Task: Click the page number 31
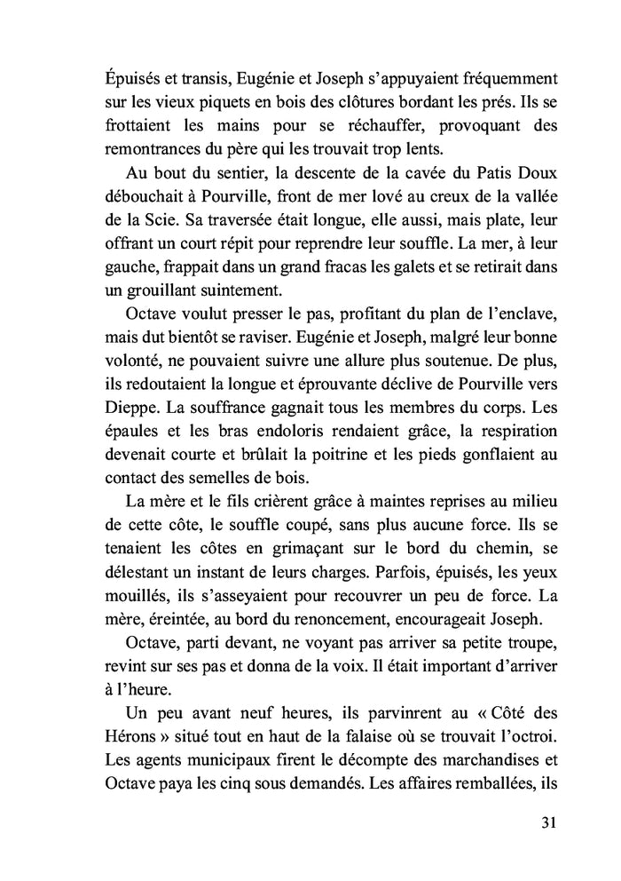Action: [547, 822]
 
